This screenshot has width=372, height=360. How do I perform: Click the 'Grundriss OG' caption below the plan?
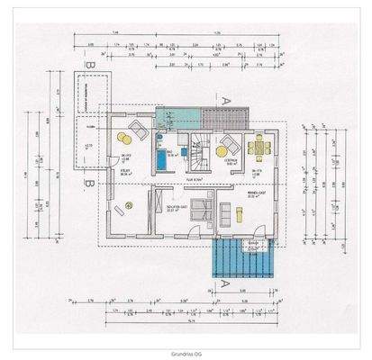[x=186, y=354]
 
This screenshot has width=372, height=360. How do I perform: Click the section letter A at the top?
[x=224, y=100]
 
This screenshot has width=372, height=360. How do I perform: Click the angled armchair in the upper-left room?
[x=140, y=134]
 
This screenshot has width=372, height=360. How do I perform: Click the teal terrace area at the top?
[x=177, y=116]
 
